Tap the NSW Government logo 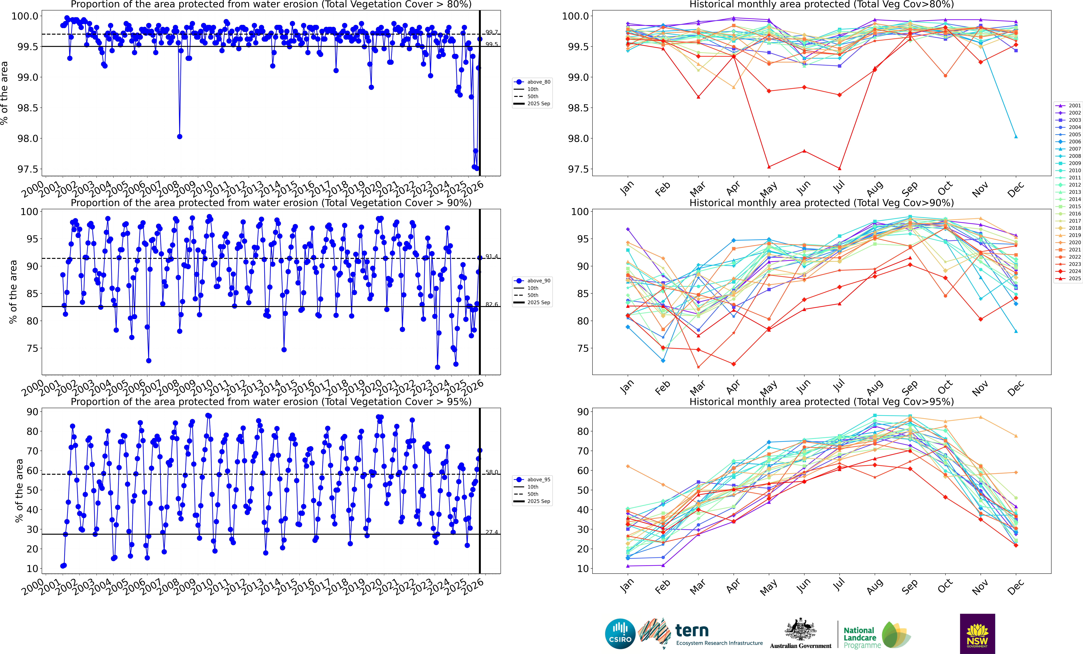pos(977,633)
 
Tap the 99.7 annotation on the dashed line pos(491,32)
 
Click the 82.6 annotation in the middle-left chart pos(491,304)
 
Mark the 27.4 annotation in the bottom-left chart pos(491,532)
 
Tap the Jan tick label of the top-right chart pos(627,188)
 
